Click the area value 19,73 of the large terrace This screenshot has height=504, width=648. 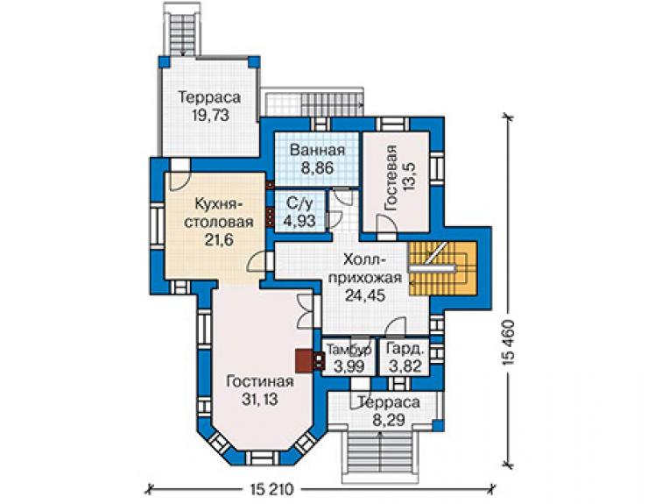click(210, 115)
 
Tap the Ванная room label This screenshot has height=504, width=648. click(317, 150)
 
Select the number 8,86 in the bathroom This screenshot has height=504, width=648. click(317, 168)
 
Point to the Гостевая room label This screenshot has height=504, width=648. click(391, 178)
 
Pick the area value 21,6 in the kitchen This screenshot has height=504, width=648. click(219, 239)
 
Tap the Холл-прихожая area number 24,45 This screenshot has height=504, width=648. click(365, 295)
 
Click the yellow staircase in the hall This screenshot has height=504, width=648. click(443, 268)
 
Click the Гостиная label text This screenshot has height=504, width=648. click(260, 381)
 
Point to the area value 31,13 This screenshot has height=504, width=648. click(260, 400)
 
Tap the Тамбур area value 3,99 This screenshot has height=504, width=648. click(349, 366)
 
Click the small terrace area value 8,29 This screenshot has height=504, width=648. click(389, 421)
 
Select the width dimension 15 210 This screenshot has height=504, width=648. click(271, 490)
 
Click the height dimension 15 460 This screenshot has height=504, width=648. click(509, 342)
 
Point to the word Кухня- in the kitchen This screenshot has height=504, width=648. click(219, 204)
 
